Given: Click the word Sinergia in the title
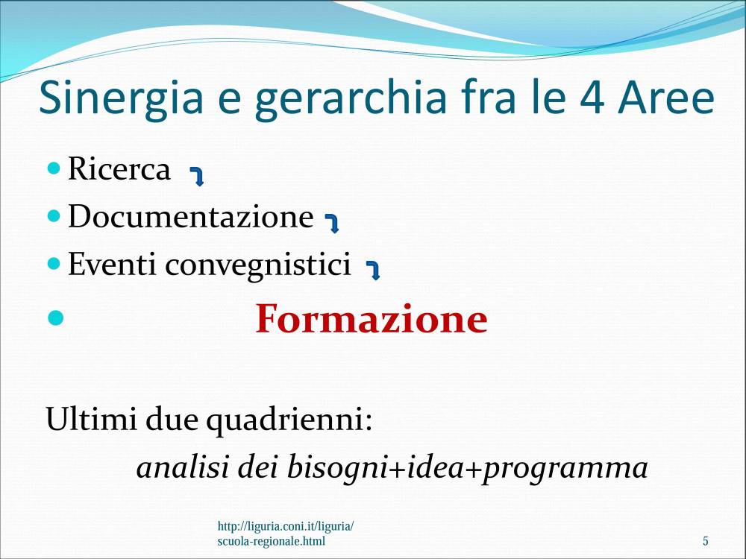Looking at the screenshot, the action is point(121,99).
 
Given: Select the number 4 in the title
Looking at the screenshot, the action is point(592,98).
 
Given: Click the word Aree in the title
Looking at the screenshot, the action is point(666,98).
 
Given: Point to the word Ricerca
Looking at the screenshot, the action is point(119,168).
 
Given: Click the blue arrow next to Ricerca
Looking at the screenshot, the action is point(197,177).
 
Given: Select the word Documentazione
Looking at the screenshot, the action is point(191,216).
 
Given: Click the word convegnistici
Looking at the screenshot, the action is point(258,265).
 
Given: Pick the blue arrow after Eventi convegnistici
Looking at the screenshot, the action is point(373,271).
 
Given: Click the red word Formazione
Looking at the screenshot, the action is point(372,318).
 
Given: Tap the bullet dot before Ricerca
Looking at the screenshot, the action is point(54,167).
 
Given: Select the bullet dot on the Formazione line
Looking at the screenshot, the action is point(56,318).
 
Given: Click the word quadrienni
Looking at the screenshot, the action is point(289,420).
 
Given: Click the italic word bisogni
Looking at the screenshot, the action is point(337,467).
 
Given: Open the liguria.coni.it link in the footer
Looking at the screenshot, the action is point(286,534).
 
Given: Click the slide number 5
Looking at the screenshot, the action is point(706,541).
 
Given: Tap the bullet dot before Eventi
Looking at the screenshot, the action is point(54,263).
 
